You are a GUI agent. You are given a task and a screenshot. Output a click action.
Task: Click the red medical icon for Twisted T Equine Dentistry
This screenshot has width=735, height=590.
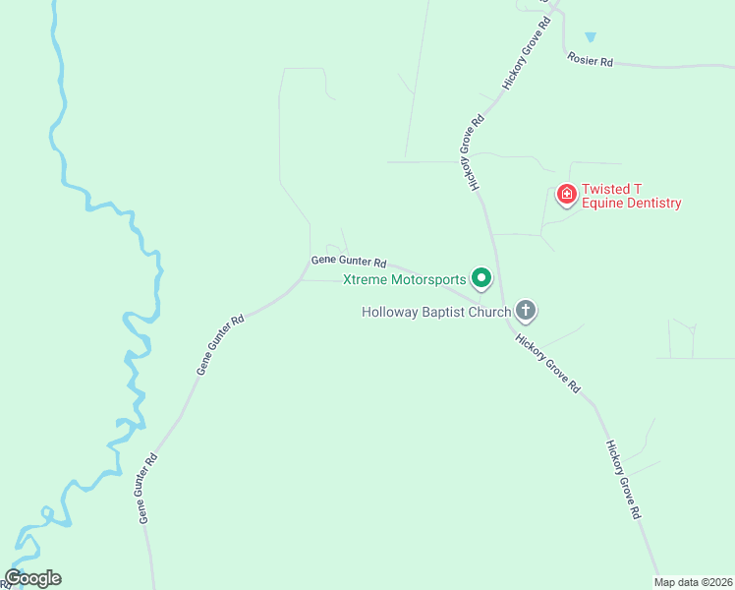pos(566,195)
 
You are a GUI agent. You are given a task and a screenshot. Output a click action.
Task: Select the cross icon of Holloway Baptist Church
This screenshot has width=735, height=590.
pos(527,312)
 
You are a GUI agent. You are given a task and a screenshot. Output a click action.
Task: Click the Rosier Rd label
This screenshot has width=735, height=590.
pos(591,61)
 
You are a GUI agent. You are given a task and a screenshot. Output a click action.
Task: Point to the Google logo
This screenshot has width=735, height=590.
pos(32,578)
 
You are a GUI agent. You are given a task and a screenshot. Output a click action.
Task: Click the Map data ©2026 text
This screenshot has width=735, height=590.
pos(694,582)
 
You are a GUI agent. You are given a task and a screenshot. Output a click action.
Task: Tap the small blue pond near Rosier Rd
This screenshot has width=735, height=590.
pos(590,37)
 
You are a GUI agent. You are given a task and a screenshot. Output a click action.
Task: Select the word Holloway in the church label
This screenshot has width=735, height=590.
pos(390,313)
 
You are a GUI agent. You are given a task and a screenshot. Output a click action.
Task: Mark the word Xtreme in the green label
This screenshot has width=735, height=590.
pos(364,280)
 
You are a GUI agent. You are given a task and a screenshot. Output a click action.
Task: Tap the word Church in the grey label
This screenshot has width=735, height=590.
pos(490,313)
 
